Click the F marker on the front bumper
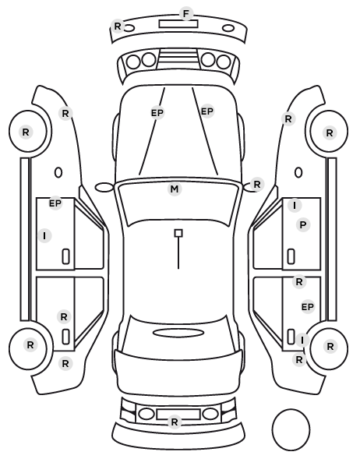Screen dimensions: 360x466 coord(186,14)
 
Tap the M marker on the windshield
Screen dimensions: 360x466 coord(175,189)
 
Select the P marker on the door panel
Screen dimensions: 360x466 coord(303,225)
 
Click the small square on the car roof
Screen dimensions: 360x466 coord(178,233)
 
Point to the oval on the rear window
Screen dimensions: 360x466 coord(178,333)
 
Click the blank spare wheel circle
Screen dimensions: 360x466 coord(291,429)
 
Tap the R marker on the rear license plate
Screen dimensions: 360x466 coord(175,422)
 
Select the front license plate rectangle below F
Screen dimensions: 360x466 coord(178,24)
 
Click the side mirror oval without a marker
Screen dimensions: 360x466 coord(104,187)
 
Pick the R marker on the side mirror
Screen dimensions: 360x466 coord(257,184)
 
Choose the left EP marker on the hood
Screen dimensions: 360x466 coord(157,113)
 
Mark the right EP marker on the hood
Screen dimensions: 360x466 coord(207,111)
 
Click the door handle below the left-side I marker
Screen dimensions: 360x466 coord(65,256)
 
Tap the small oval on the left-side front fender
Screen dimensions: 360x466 coord(58,173)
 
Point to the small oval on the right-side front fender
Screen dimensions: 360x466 coord(298,173)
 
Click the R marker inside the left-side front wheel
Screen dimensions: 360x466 coord(26,132)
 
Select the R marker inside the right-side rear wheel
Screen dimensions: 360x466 coord(330,346)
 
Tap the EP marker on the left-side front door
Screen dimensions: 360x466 coord(55,203)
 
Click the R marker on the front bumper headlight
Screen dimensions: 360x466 coord(118,26)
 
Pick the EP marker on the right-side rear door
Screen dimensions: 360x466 coord(307,307)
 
